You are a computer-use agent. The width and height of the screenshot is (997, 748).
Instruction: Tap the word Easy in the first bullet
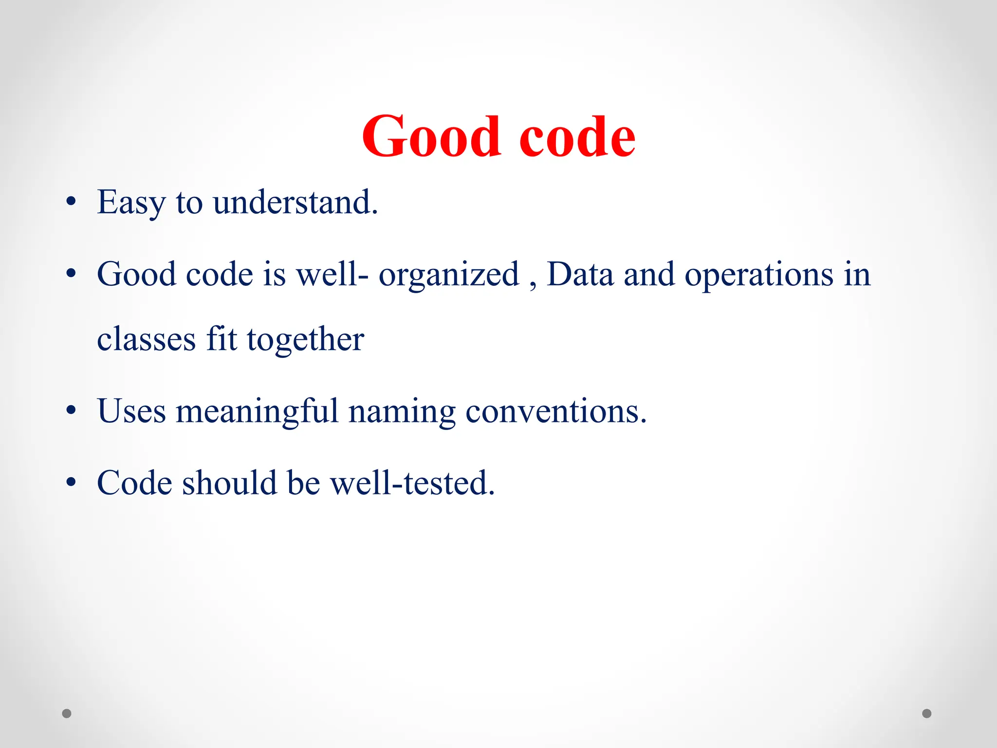pos(131,203)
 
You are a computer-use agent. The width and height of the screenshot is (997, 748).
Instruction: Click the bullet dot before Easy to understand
pos(71,202)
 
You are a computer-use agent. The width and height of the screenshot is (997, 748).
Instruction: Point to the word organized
pos(449,275)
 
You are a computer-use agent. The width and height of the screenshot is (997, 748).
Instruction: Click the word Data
pos(579,274)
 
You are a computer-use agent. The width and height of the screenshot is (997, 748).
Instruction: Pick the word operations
pos(759,275)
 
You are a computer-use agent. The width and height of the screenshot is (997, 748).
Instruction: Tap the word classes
pos(146,339)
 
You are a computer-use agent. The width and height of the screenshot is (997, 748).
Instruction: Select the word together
pos(305,340)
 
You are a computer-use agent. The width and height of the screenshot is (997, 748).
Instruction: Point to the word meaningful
pos(257,412)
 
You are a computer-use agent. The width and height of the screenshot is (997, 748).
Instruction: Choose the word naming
pos(402,412)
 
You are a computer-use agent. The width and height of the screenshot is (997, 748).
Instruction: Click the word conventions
pos(556,411)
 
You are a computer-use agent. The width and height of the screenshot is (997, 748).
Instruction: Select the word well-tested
pos(412,483)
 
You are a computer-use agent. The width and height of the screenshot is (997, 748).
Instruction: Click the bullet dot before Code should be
pos(71,482)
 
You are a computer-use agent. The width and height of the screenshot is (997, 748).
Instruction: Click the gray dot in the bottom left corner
pos(67,713)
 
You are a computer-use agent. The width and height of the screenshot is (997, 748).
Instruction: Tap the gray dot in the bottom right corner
pos(927,713)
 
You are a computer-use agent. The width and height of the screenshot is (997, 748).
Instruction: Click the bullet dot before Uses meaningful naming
pos(71,411)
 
